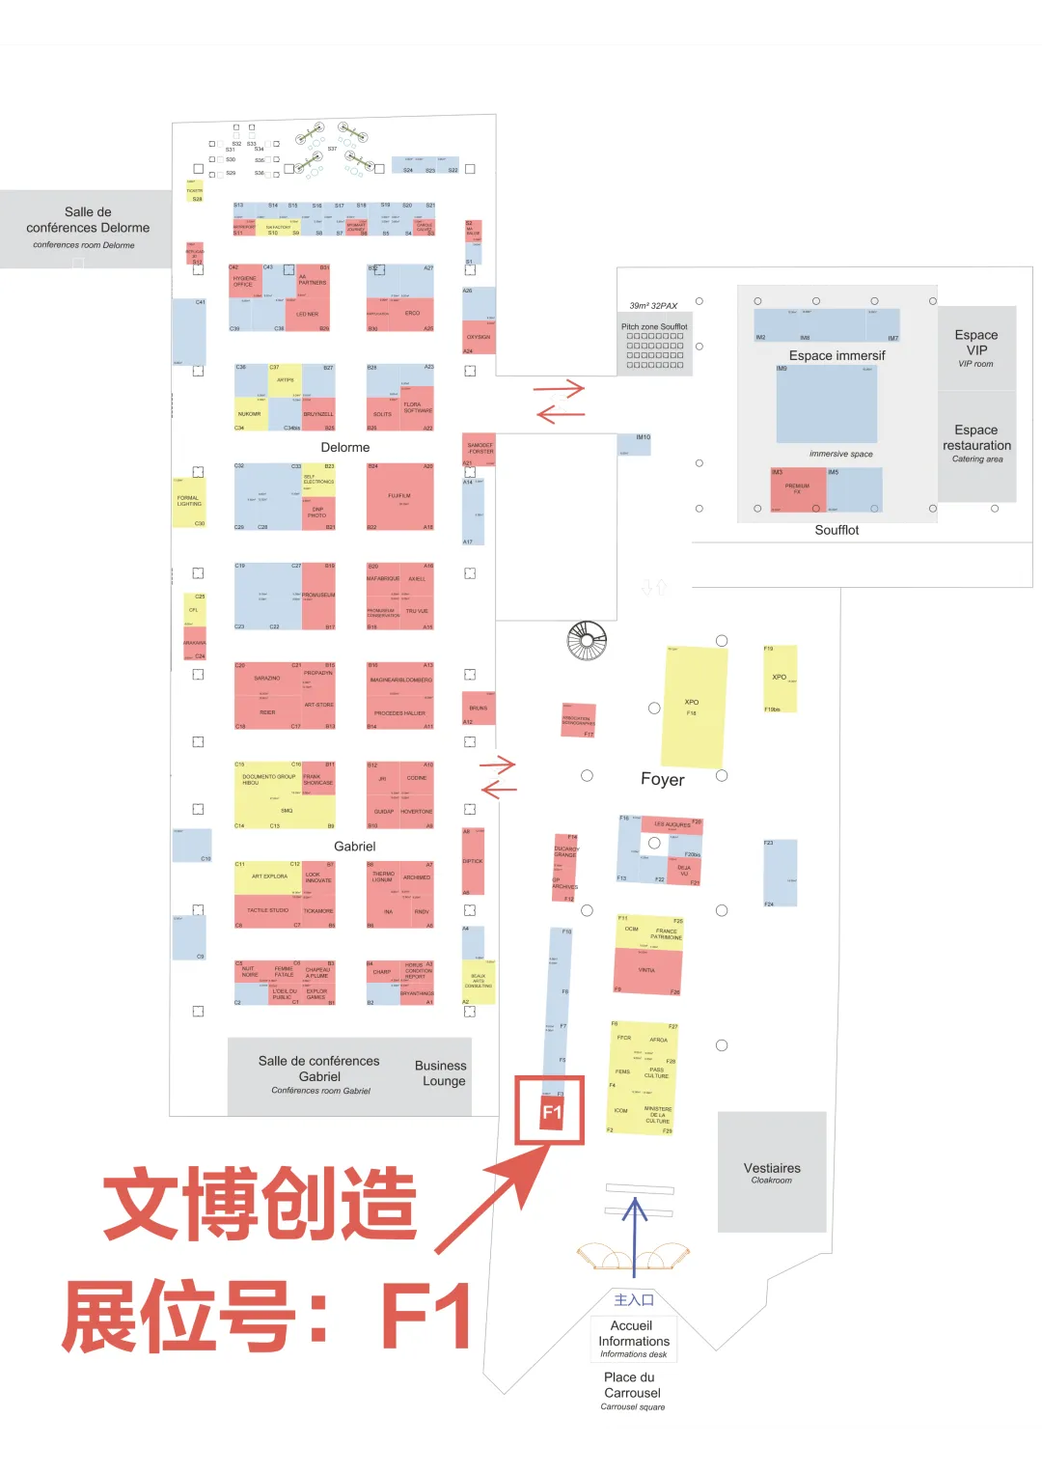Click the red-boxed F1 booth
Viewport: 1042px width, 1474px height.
(x=551, y=1111)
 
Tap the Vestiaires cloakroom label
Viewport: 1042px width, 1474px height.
(x=772, y=1172)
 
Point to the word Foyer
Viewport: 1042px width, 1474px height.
(x=662, y=779)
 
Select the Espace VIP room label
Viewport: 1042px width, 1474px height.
(x=976, y=348)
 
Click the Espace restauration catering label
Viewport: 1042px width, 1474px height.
(x=976, y=443)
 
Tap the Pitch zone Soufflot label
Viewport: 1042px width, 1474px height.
(x=654, y=326)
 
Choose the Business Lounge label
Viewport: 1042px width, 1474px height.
(x=441, y=1072)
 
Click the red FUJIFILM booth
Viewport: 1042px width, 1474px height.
(x=399, y=497)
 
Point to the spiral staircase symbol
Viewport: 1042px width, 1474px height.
(x=587, y=640)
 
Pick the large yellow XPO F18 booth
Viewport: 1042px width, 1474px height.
(x=693, y=707)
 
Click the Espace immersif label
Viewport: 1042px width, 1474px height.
(x=836, y=355)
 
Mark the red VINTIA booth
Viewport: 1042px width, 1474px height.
(x=647, y=971)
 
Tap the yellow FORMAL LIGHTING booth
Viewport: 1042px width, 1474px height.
(x=188, y=502)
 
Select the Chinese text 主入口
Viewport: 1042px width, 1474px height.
(x=634, y=1299)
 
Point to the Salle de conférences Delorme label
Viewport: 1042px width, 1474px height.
(x=88, y=226)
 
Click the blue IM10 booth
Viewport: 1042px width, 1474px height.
(x=635, y=444)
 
